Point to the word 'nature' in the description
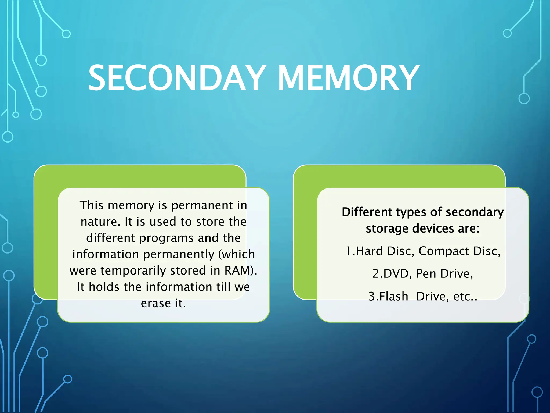pos(99,222)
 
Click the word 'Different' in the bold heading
pos(367,212)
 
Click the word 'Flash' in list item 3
pos(393,297)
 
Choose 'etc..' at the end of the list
pos(465,297)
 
